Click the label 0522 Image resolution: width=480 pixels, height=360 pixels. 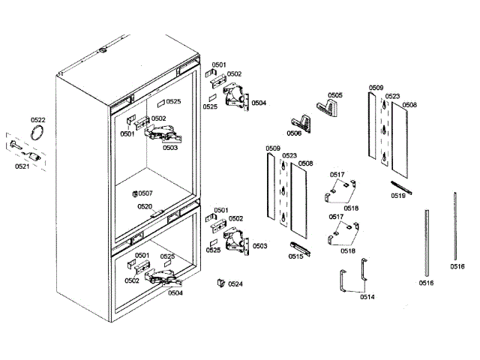click(37, 120)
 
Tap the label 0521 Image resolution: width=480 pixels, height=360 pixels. click(22, 166)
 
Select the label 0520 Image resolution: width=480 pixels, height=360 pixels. click(144, 206)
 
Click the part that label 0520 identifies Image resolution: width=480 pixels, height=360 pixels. click(157, 213)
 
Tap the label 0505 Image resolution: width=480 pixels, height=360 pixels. click(334, 95)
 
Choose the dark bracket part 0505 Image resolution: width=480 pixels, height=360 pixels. click(328, 107)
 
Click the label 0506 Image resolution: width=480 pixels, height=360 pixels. click(293, 133)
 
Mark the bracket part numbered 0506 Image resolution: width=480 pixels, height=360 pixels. click(303, 120)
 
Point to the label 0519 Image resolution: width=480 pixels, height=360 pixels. click(398, 195)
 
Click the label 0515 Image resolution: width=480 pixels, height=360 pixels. click(295, 256)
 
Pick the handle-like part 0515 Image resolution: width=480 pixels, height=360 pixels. click(298, 247)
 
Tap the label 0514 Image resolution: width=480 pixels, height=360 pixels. click(367, 297)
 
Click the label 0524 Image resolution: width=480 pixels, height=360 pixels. click(235, 284)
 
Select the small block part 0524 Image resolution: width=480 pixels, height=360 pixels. click(220, 283)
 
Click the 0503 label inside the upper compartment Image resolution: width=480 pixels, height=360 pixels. click(169, 148)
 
